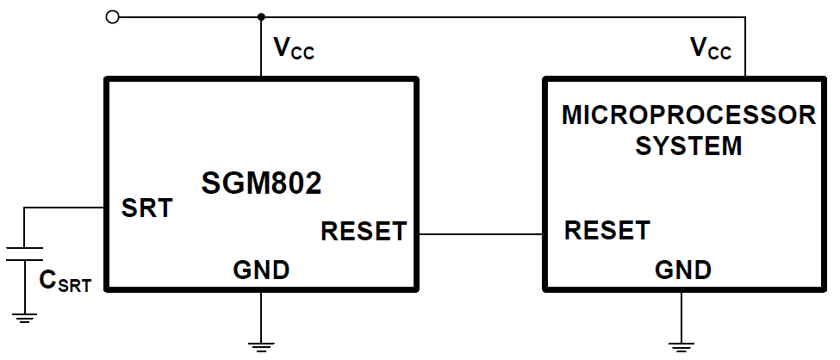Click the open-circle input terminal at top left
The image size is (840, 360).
pyautogui.click(x=111, y=16)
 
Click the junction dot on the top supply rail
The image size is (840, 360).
pyautogui.click(x=261, y=16)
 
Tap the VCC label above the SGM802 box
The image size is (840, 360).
pyautogui.click(x=294, y=49)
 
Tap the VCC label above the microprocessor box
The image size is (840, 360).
pyautogui.click(x=711, y=48)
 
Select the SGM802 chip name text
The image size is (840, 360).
pyautogui.click(x=262, y=183)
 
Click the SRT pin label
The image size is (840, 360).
pyautogui.click(x=146, y=208)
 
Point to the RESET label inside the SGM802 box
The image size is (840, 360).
pyautogui.click(x=363, y=232)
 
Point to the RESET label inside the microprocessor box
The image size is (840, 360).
pyautogui.click(x=607, y=231)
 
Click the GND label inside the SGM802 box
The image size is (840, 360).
pyautogui.click(x=261, y=270)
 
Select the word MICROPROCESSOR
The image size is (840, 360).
pyautogui.click(x=688, y=115)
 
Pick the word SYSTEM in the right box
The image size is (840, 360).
pyautogui.click(x=688, y=146)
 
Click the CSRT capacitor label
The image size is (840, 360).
pyautogui.click(x=65, y=282)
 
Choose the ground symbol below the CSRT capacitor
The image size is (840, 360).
pyautogui.click(x=24, y=318)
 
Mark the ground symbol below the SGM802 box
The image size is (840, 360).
pyautogui.click(x=261, y=345)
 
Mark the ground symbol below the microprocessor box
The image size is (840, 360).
pyautogui.click(x=682, y=345)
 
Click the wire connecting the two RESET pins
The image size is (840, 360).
pyautogui.click(x=480, y=233)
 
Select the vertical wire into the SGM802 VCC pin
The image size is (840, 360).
pyautogui.click(x=261, y=47)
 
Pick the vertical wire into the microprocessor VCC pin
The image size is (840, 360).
pyautogui.click(x=745, y=47)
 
